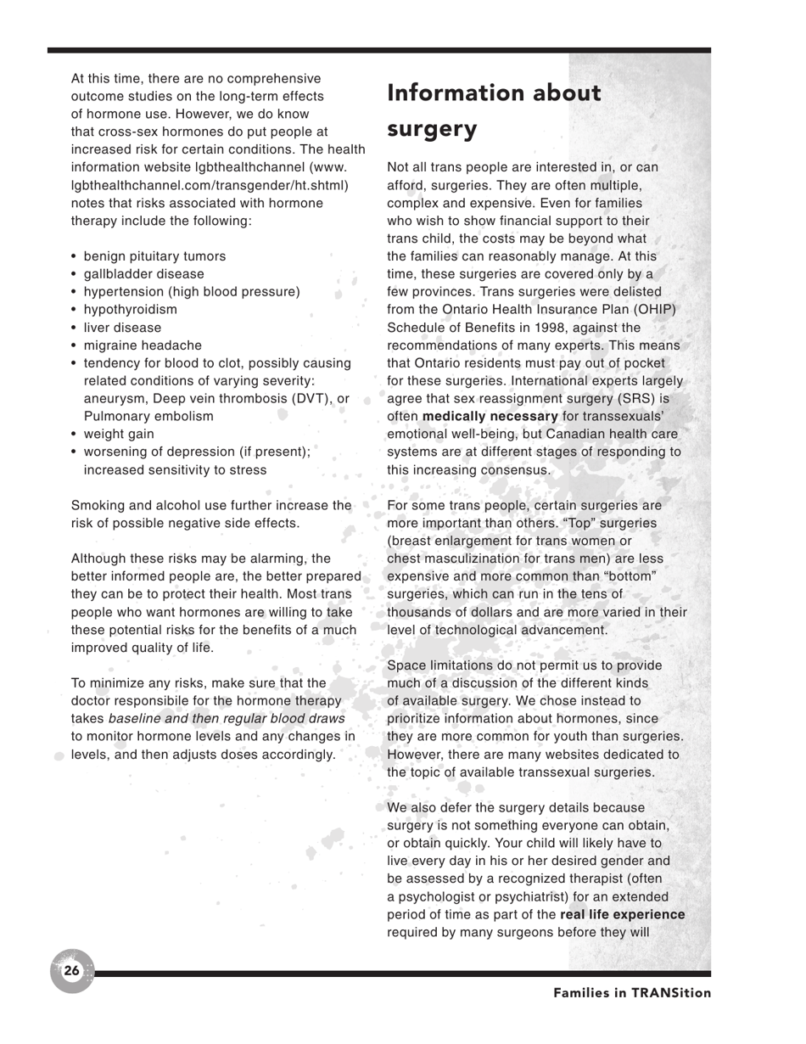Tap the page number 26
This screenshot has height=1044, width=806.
[71, 970]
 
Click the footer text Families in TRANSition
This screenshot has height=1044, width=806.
[632, 993]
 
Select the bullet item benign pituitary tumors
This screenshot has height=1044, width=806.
[154, 256]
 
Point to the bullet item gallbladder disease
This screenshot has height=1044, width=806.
[143, 274]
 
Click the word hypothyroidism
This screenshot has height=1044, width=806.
[131, 310]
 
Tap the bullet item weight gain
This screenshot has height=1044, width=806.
[119, 434]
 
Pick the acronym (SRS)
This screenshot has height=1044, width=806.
[635, 398]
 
